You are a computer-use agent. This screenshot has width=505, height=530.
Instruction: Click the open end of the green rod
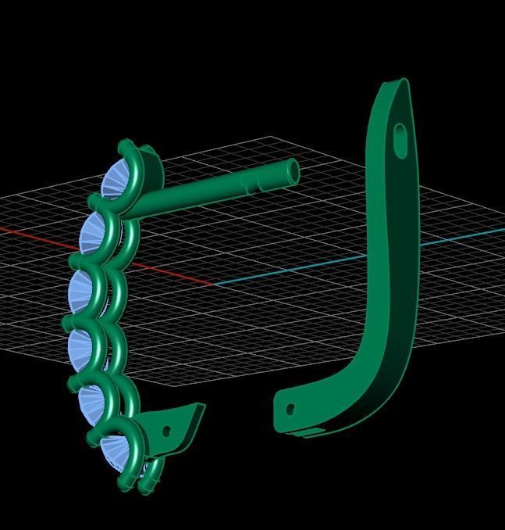(293, 172)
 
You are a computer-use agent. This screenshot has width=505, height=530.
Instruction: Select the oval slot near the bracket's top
(400, 140)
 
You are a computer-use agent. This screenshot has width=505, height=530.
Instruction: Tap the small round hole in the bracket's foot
(291, 409)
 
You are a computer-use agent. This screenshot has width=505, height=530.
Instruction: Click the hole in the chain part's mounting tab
(165, 431)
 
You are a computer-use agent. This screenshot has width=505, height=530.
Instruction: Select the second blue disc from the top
(94, 232)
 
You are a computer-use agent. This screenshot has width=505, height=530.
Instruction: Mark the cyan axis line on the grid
(297, 270)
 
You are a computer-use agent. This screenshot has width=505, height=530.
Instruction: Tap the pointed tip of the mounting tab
(201, 406)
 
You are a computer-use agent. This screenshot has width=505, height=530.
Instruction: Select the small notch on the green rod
(250, 184)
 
